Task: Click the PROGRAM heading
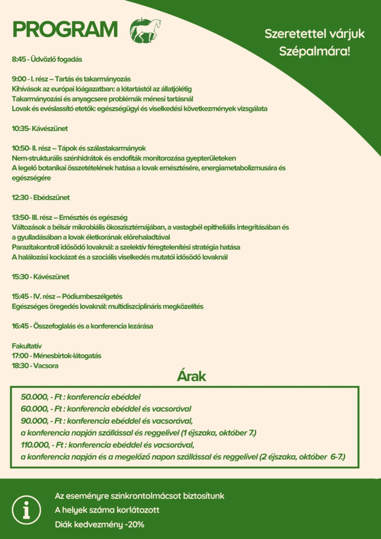pos(65,30)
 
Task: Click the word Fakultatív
pos(27,346)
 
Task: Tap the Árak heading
pos(191,377)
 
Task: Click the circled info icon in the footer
pos(26,510)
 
